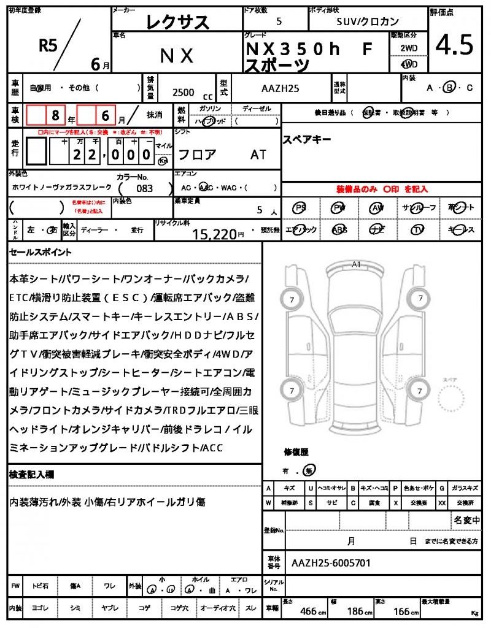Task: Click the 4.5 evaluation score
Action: (x=454, y=45)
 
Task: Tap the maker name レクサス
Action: (x=177, y=23)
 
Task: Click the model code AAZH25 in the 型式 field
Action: (x=280, y=88)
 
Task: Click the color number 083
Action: (x=145, y=189)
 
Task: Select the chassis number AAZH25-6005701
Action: (x=331, y=562)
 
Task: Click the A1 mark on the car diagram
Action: (x=356, y=264)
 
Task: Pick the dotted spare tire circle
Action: (x=452, y=400)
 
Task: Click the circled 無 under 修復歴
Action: (x=311, y=470)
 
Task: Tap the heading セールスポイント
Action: (x=41, y=251)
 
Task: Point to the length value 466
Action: (x=308, y=611)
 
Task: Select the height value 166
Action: (x=401, y=611)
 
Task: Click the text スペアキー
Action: (x=307, y=139)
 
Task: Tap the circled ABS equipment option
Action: (x=339, y=230)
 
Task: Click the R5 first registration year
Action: (x=48, y=44)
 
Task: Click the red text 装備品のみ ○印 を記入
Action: (x=381, y=189)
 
